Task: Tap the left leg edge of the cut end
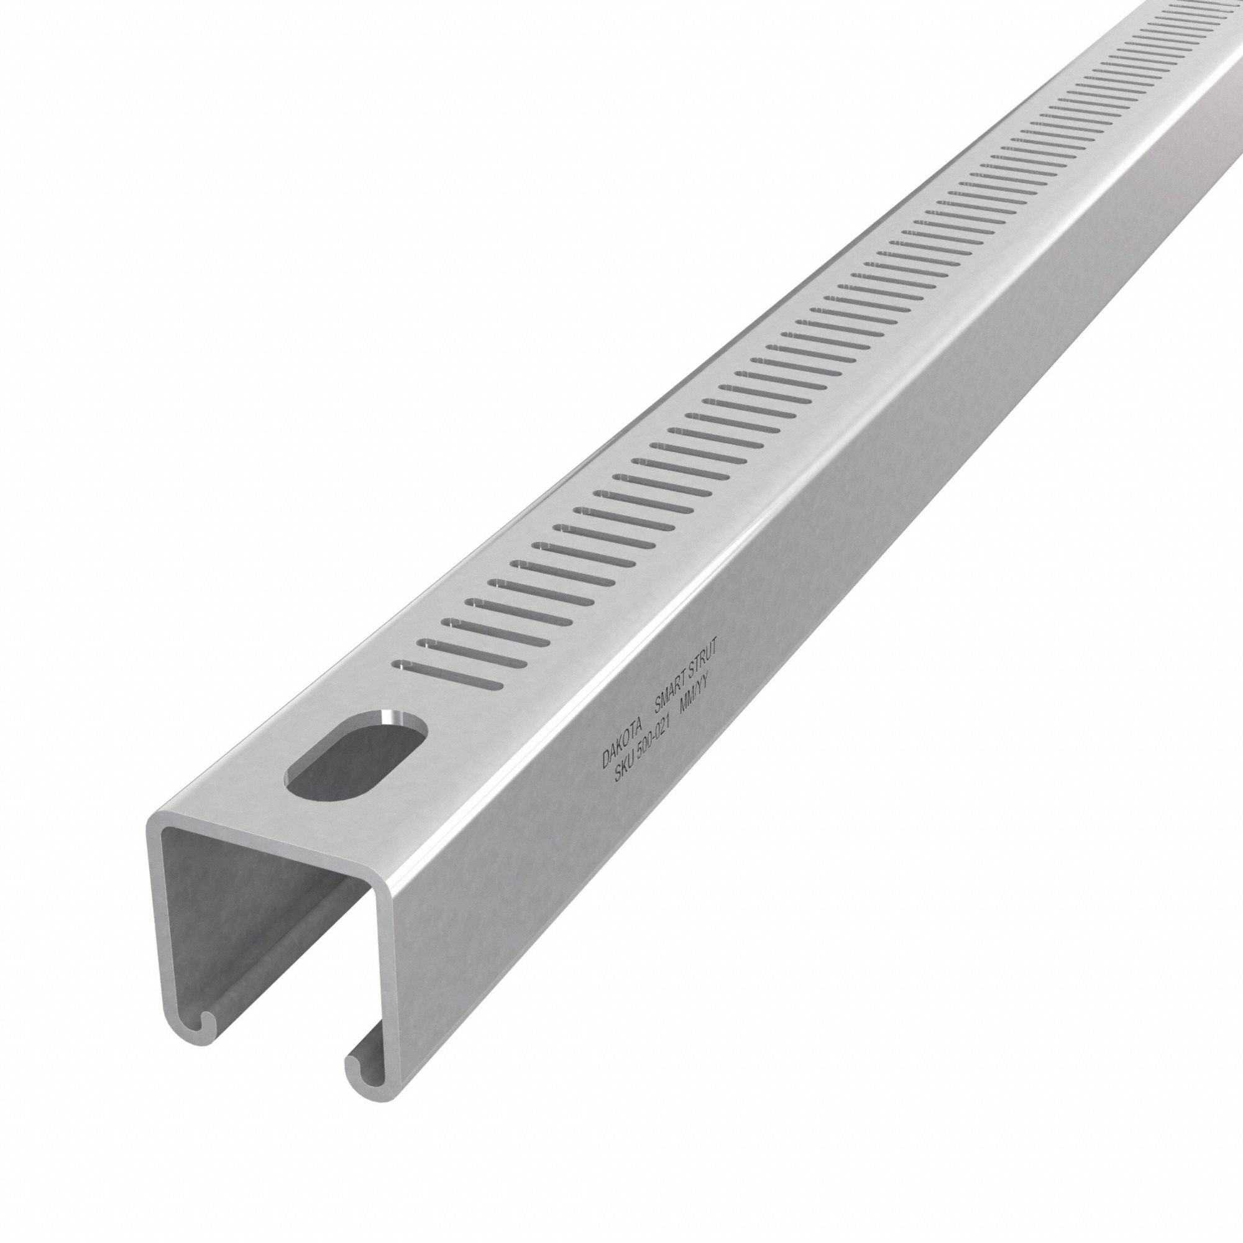(x=154, y=933)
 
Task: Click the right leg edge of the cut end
(x=387, y=998)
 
